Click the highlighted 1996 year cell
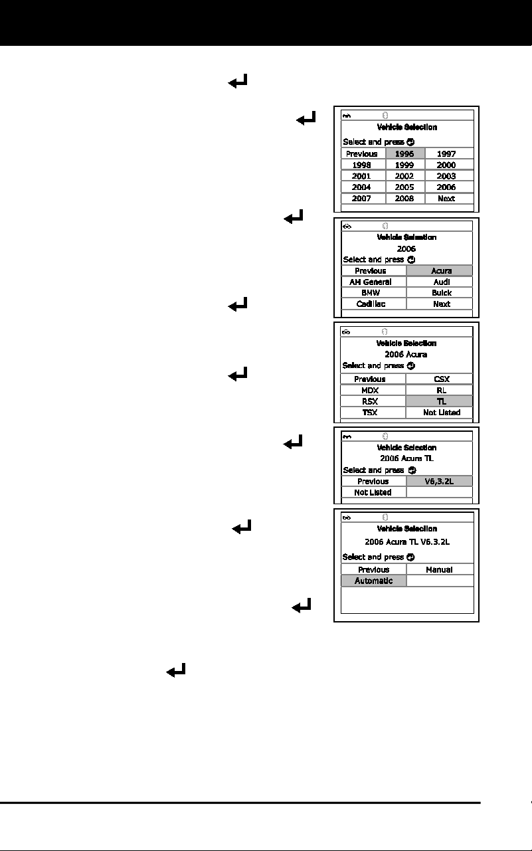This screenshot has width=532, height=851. [x=405, y=153]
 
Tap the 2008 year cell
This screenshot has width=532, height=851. [x=405, y=199]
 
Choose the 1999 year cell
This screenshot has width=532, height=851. [x=405, y=165]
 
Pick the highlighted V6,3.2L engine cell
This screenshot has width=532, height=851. [x=439, y=482]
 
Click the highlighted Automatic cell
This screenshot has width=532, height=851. [x=374, y=581]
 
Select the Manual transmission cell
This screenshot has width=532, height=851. [x=440, y=569]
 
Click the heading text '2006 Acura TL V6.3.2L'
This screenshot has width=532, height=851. [x=407, y=541]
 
